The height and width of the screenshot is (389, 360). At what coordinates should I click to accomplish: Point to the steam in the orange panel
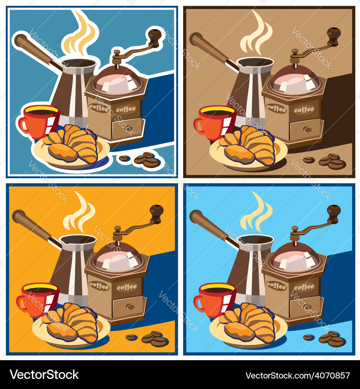click(80, 213)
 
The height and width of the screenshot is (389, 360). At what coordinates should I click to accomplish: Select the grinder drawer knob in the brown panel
click(307, 129)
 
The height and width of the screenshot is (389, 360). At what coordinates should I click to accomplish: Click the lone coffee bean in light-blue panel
click(308, 337)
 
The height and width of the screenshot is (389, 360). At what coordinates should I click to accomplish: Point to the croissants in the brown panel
click(248, 146)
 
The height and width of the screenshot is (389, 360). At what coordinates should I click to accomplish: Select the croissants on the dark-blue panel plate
click(72, 144)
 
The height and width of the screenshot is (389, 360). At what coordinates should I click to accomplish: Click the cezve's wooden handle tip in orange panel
click(18, 216)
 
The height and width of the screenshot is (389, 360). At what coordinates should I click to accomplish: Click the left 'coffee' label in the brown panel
click(276, 107)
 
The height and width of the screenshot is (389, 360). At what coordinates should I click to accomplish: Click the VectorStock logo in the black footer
click(44, 375)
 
